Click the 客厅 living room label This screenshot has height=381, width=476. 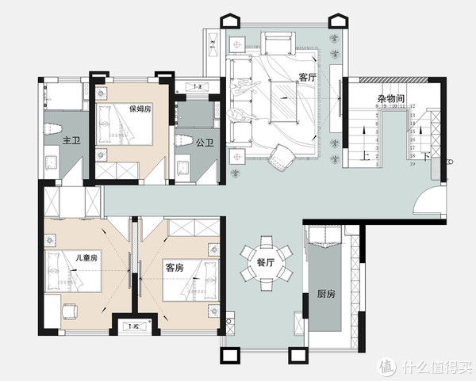tap(307, 77)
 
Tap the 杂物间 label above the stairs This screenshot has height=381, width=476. tap(392, 98)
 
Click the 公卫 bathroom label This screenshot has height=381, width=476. tap(205, 143)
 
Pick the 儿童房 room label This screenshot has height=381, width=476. tap(86, 257)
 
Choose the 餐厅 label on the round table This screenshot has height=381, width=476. tap(267, 262)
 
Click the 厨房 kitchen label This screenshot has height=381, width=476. tap(325, 293)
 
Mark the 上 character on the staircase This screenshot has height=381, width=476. tap(363, 156)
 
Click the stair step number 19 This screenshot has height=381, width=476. tap(413, 165)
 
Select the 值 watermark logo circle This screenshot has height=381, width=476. tap(386, 366)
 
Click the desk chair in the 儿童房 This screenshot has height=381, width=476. tap(69, 311)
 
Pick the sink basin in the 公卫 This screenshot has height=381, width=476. tap(184, 166)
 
